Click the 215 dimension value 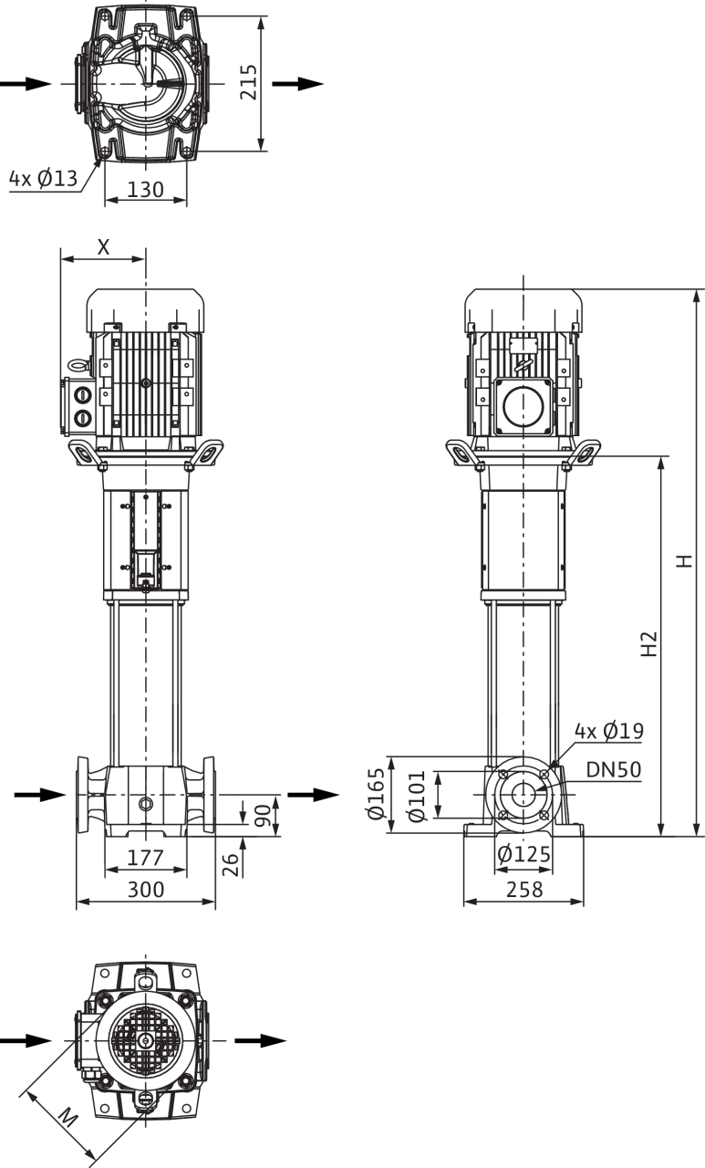pyautogui.click(x=249, y=82)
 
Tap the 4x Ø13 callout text pyautogui.click(x=43, y=179)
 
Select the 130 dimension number pyautogui.click(x=145, y=189)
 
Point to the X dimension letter pyautogui.click(x=104, y=246)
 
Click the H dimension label pyautogui.click(x=684, y=561)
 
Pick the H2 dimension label pyautogui.click(x=649, y=644)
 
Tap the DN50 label pyautogui.click(x=613, y=769)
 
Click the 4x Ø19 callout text pyautogui.click(x=609, y=731)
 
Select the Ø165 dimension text pyautogui.click(x=376, y=794)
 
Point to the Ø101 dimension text pyautogui.click(x=418, y=796)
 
